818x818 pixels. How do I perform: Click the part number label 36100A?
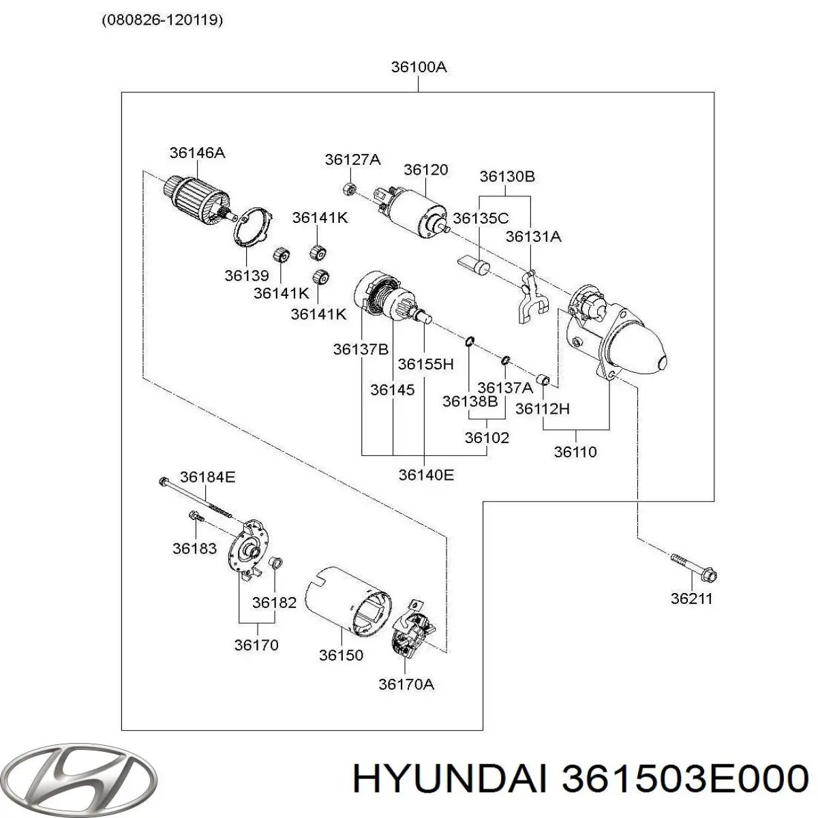pyautogui.click(x=419, y=67)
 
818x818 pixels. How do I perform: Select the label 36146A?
pyautogui.click(x=197, y=153)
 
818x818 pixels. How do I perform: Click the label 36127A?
pyautogui.click(x=352, y=160)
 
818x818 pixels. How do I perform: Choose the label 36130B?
pyautogui.click(x=506, y=176)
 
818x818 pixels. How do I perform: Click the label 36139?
pyautogui.click(x=247, y=276)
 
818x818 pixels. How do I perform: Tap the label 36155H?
pyautogui.click(x=425, y=364)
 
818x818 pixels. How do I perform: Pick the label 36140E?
pyautogui.click(x=425, y=474)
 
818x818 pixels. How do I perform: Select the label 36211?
pyautogui.click(x=691, y=599)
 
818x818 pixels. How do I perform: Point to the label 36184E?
pyautogui.click(x=207, y=477)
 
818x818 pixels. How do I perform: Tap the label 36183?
pyautogui.click(x=194, y=548)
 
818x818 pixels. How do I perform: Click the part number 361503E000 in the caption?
pyautogui.click(x=684, y=778)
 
